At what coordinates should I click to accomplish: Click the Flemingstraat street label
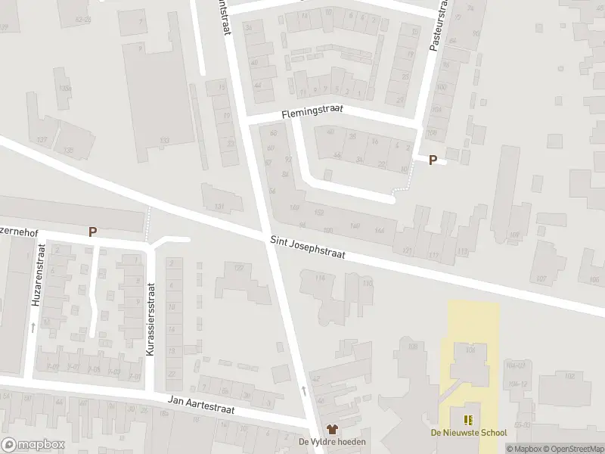(312, 110)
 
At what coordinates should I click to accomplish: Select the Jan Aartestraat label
(202, 405)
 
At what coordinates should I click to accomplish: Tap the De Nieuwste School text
(468, 434)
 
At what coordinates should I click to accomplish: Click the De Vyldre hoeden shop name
(332, 442)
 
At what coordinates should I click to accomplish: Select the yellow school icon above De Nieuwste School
(468, 419)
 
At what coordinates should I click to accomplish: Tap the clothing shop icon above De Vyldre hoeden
(332, 429)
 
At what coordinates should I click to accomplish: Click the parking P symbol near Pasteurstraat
(433, 160)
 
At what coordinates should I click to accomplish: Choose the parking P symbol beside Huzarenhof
(92, 232)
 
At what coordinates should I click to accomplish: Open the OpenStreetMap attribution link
(573, 449)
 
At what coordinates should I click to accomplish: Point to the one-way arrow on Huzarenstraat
(33, 327)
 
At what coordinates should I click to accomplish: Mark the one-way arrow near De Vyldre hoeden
(304, 390)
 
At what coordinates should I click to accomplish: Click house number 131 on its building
(219, 207)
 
